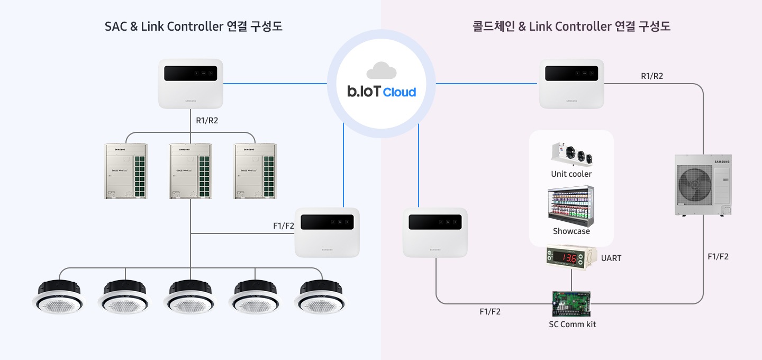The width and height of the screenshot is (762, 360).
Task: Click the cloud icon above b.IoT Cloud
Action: pyautogui.click(x=381, y=70)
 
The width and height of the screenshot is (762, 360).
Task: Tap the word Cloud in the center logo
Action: pyautogui.click(x=400, y=92)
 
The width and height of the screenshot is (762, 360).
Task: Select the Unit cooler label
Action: pyautogui.click(x=571, y=174)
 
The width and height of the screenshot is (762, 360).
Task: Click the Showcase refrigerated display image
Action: pyautogui.click(x=571, y=205)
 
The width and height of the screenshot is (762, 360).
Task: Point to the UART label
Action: pyautogui.click(x=611, y=258)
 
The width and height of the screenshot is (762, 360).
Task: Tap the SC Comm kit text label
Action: pyautogui.click(x=572, y=324)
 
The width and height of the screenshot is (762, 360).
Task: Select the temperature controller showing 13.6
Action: pyautogui.click(x=571, y=258)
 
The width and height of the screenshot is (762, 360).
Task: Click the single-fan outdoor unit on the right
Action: pyautogui.click(x=703, y=184)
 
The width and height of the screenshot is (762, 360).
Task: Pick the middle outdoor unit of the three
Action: pyautogui.click(x=190, y=171)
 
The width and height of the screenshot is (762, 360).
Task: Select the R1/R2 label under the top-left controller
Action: pyautogui.click(x=207, y=121)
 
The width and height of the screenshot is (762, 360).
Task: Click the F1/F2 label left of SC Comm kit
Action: pyautogui.click(x=489, y=312)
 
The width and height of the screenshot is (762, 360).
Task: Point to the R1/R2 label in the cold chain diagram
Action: pyautogui.click(x=652, y=76)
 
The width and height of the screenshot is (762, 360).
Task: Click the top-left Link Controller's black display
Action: pyautogui.click(x=190, y=74)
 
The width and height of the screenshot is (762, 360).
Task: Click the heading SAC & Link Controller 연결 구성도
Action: pyautogui.click(x=193, y=26)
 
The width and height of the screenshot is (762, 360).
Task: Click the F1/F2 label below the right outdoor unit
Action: pyautogui.click(x=718, y=257)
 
